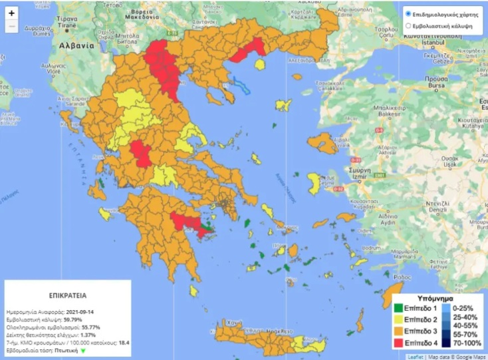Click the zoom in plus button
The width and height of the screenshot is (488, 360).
tap(11, 13)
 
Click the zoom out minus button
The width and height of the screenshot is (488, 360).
tap(11, 26)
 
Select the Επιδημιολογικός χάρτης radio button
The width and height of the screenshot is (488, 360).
tap(408, 13)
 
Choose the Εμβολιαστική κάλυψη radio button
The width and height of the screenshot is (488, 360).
tap(408, 25)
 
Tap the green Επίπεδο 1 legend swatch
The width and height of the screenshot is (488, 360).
tap(398, 308)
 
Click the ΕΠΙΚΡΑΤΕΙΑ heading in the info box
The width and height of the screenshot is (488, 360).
tap(66, 293)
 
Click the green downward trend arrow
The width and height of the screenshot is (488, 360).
tap(83, 350)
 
